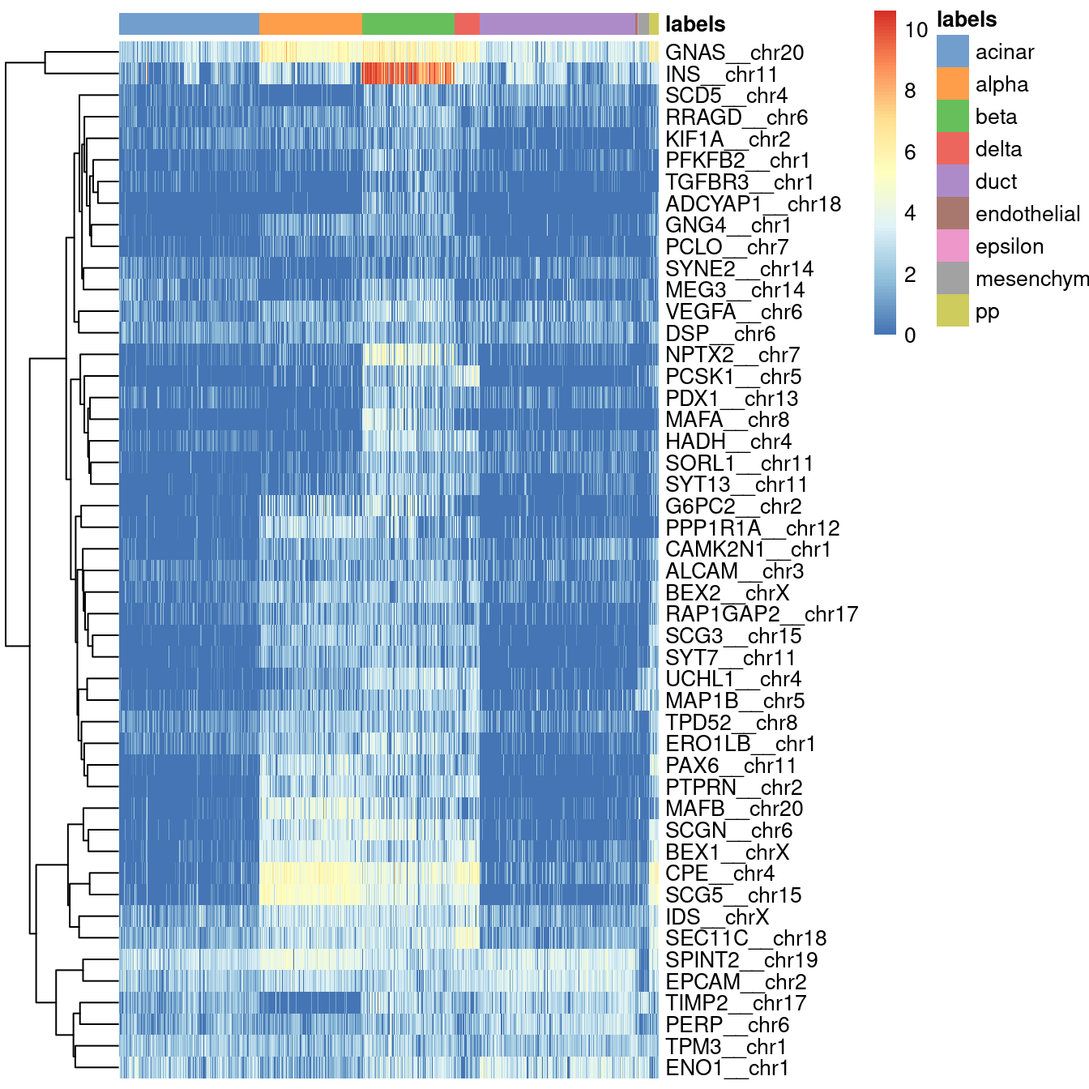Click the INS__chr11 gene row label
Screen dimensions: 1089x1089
coord(720,75)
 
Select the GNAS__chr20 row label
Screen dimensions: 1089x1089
coord(734,53)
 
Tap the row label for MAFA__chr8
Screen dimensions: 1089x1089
coord(727,420)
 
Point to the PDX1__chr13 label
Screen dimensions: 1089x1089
coord(732,399)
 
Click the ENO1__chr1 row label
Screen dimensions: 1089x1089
coord(727,1068)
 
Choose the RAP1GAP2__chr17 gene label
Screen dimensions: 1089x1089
coord(761,614)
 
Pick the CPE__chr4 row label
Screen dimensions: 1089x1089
coord(720,873)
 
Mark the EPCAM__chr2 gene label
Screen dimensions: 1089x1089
coord(735,982)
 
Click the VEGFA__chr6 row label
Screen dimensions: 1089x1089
coord(733,312)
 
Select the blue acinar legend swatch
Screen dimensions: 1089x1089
coord(952,52)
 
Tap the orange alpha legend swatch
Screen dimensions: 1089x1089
coord(952,84)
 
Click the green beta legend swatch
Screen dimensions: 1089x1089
coord(952,117)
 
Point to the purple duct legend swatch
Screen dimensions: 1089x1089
coord(952,181)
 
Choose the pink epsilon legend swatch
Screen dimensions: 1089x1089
coord(952,246)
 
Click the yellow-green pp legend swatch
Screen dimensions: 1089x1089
coord(952,311)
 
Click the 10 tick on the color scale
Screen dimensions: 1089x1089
coord(916,30)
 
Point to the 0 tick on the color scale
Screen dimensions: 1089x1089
coord(910,335)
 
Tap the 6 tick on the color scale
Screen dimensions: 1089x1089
coord(910,152)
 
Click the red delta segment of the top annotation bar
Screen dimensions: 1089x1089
coord(467,24)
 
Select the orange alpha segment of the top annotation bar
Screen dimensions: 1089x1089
coord(310,24)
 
